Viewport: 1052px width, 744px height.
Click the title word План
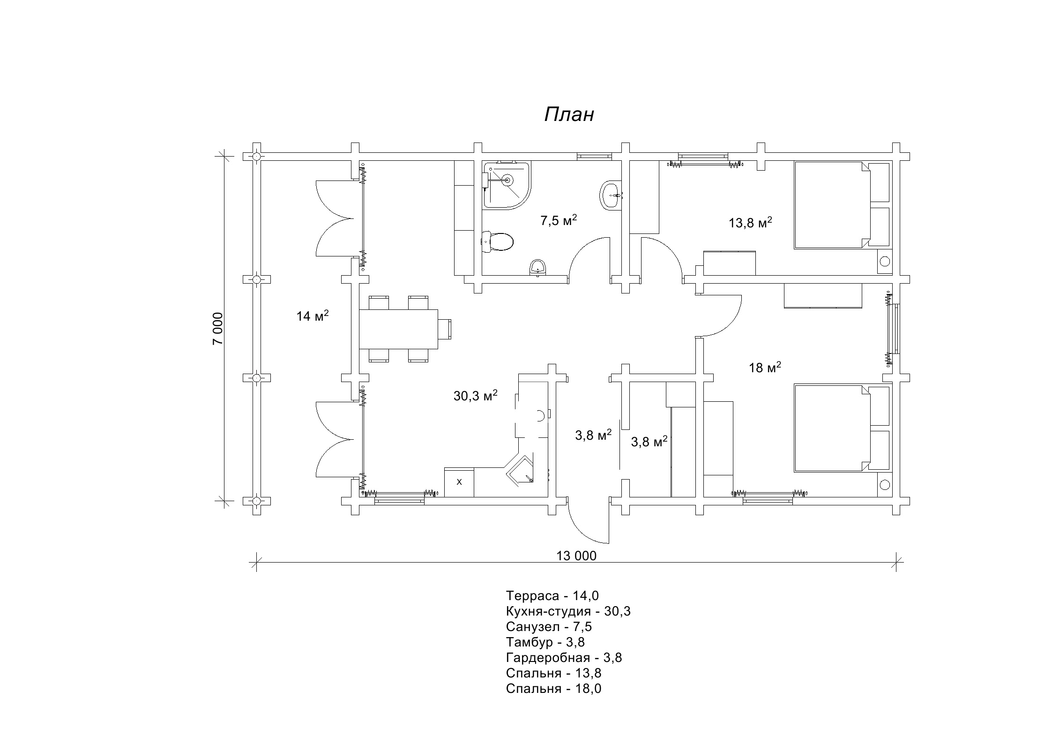(569, 114)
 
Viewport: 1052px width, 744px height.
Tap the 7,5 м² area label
(559, 220)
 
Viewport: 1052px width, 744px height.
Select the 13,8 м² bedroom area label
(750, 222)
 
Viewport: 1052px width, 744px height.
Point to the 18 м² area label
(765, 367)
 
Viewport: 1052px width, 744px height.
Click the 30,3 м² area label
(475, 396)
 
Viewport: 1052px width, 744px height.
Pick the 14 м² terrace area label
(313, 316)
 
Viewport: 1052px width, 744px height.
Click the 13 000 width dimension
(576, 556)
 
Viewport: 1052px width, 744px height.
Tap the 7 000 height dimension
(218, 329)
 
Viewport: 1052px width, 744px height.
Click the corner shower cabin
(506, 185)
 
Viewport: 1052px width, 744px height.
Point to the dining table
(398, 329)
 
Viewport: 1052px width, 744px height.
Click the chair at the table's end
(445, 329)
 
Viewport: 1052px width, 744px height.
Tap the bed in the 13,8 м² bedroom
(832, 205)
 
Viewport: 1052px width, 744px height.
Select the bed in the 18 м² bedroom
(832, 428)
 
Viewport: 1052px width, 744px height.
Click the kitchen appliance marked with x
(459, 482)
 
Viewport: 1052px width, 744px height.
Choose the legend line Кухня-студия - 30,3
(568, 611)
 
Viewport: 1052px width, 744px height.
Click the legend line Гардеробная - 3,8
(564, 658)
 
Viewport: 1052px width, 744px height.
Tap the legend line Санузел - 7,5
(549, 627)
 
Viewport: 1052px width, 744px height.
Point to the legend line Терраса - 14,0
(552, 596)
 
